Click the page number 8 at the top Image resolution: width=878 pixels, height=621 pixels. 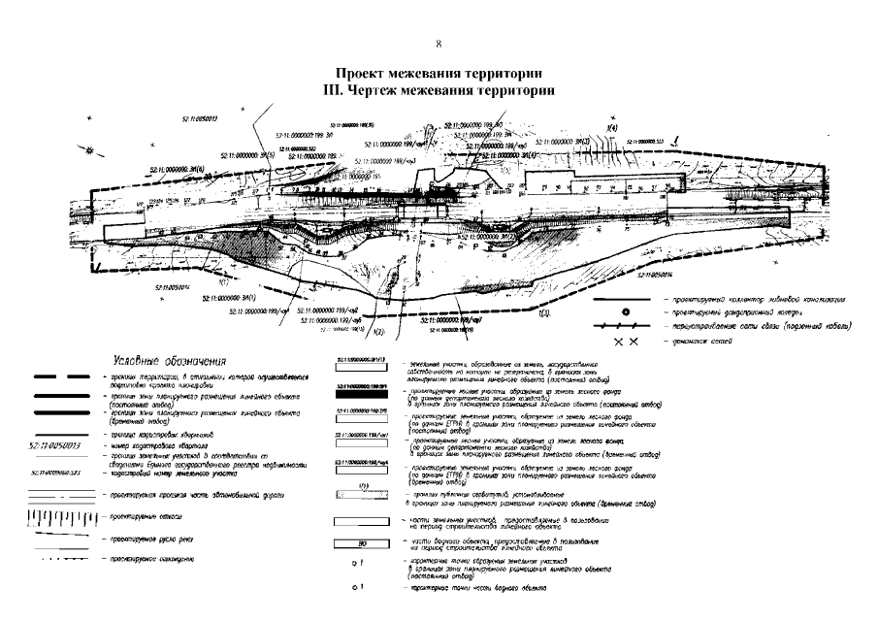(439, 44)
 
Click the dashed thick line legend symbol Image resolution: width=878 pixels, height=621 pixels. (58, 376)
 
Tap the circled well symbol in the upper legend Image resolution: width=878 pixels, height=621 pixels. (625, 312)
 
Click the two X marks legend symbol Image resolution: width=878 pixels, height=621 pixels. (625, 343)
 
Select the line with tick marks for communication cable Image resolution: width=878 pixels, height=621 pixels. (625, 328)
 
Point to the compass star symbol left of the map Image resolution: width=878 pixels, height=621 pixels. (89, 151)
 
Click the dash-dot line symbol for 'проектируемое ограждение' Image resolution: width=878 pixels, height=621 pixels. (59, 560)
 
